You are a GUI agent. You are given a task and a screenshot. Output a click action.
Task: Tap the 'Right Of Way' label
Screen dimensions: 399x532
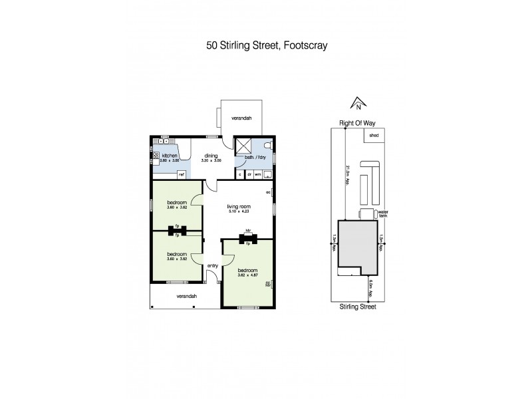[358, 122]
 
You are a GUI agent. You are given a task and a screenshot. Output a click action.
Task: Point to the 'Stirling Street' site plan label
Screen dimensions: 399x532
[358, 307]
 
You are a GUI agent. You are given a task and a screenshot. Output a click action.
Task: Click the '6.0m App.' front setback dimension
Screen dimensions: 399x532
[370, 289]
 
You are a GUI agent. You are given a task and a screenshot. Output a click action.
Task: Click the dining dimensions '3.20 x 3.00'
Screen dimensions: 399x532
[211, 161]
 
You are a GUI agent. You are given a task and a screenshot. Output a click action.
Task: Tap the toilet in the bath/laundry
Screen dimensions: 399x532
[268, 144]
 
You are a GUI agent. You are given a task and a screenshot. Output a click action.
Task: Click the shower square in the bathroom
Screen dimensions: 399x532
[244, 146]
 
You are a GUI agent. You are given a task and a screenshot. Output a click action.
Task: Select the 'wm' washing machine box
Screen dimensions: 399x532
[257, 174]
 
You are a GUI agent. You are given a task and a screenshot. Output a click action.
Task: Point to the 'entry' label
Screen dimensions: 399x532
[212, 265]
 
